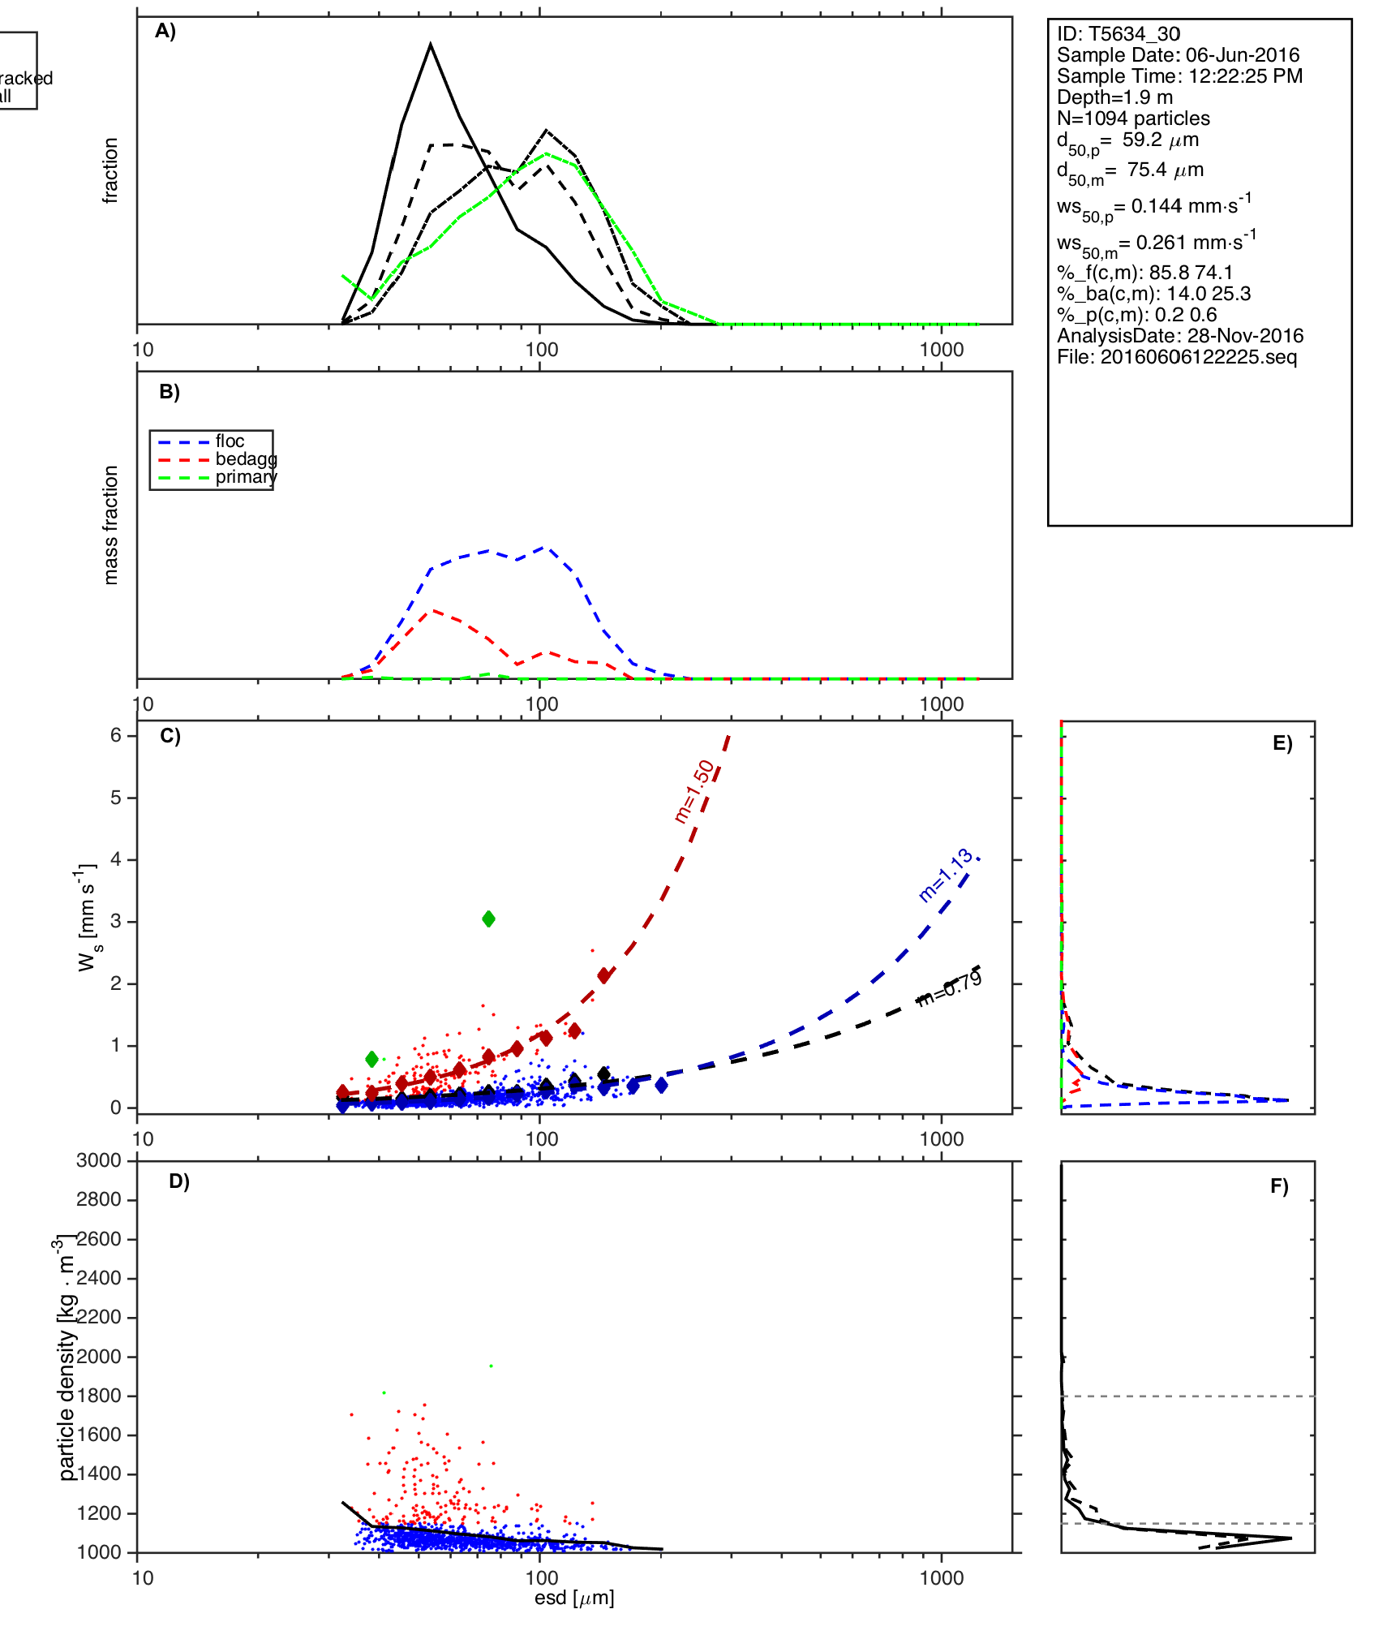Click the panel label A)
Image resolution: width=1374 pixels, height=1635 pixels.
point(165,31)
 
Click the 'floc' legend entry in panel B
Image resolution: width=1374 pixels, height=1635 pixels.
point(230,441)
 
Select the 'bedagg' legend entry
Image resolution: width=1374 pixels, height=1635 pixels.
point(246,459)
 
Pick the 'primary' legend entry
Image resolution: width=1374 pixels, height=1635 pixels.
point(245,477)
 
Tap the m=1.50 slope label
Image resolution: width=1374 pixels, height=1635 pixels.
point(694,791)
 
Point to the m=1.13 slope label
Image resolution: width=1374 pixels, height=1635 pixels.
point(945,875)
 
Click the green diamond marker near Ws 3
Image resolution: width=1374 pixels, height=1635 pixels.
point(488,919)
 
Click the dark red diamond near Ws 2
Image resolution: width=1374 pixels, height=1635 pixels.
point(604,975)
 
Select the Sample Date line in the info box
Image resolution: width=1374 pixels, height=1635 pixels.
point(1178,55)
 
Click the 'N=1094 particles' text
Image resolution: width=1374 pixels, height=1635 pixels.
point(1133,118)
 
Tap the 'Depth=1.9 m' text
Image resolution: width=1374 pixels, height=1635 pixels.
point(1114,97)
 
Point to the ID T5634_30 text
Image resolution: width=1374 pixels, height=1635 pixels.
point(1119,34)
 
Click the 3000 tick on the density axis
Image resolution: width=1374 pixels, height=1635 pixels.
point(99,1160)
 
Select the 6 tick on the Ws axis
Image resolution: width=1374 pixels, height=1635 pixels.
point(116,735)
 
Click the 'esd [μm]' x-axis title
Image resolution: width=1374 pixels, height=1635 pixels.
point(574,1598)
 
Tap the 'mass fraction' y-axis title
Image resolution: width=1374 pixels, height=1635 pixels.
point(111,524)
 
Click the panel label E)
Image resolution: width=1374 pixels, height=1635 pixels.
point(1282,743)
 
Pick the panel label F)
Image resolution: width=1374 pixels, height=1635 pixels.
point(1279,1186)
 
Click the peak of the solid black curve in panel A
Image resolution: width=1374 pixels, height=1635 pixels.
point(431,45)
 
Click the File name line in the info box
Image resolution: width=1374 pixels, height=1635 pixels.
point(1177,357)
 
